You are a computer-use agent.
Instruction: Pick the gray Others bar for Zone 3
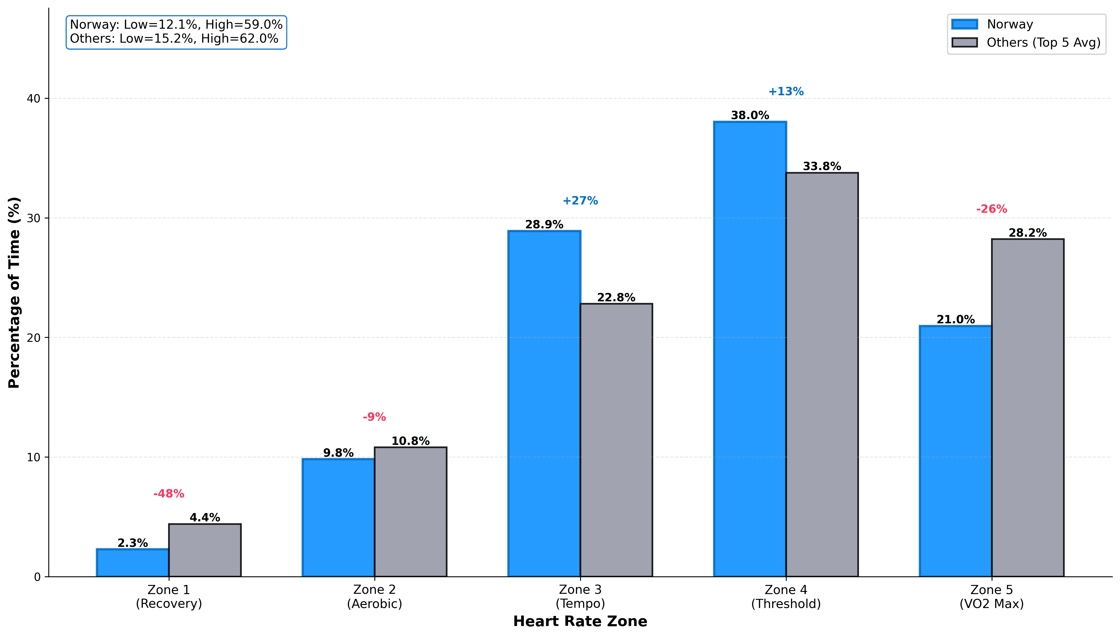(616, 440)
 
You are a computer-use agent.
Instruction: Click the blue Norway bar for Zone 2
(338, 518)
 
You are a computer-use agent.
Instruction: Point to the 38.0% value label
(750, 115)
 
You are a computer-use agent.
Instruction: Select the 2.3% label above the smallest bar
(132, 543)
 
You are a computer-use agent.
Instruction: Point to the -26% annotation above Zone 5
(991, 209)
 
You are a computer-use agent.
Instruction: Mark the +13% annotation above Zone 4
(786, 92)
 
